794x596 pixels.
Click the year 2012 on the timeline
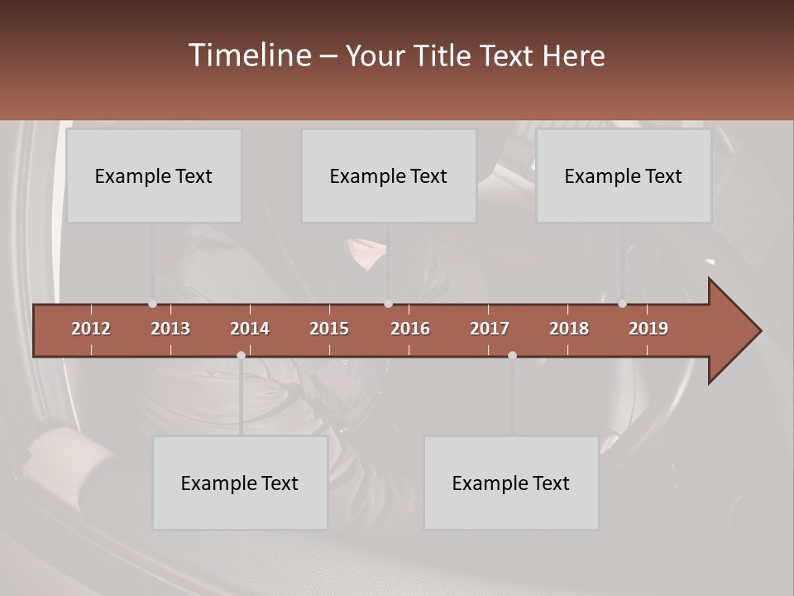tap(91, 329)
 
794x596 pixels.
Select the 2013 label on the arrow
tap(170, 329)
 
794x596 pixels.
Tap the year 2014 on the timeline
tap(250, 329)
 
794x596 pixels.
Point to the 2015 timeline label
tap(329, 329)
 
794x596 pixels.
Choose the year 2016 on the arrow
tap(410, 329)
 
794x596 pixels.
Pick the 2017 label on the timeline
tap(490, 329)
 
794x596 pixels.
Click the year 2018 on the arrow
tap(569, 329)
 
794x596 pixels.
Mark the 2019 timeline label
tap(648, 329)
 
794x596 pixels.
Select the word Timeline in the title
tap(249, 55)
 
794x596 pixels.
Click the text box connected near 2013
tap(154, 175)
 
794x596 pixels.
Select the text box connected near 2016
tap(389, 175)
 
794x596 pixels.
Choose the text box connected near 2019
tap(624, 175)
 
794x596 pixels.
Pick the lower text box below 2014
tap(240, 483)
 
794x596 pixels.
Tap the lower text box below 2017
tap(511, 483)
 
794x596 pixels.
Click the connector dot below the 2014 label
tap(241, 355)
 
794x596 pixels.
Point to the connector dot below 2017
tap(512, 355)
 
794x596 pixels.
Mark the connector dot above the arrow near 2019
tap(622, 304)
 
